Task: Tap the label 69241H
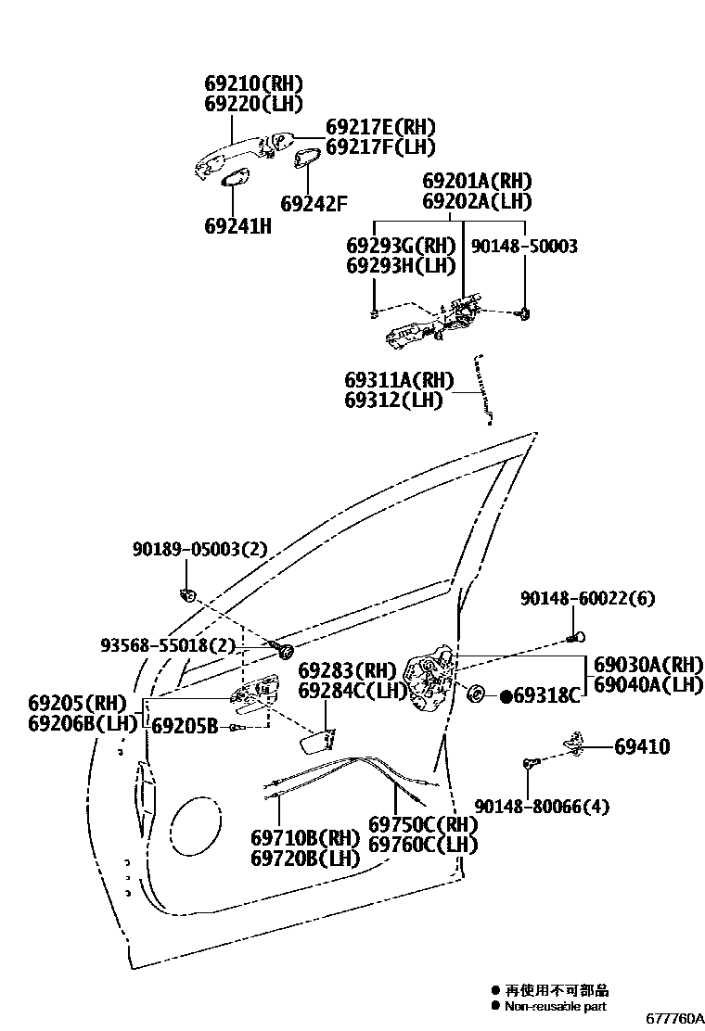tap(237, 225)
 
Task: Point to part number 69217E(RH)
tap(379, 127)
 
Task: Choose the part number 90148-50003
tap(524, 246)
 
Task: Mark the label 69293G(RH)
tap(401, 246)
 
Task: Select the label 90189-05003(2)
tap(199, 549)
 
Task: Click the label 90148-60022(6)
tap(586, 598)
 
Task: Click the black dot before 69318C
tap(506, 695)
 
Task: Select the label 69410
tap(641, 746)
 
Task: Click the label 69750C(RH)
tap(422, 824)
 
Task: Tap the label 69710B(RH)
tap(304, 837)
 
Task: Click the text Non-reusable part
tap(557, 1006)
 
